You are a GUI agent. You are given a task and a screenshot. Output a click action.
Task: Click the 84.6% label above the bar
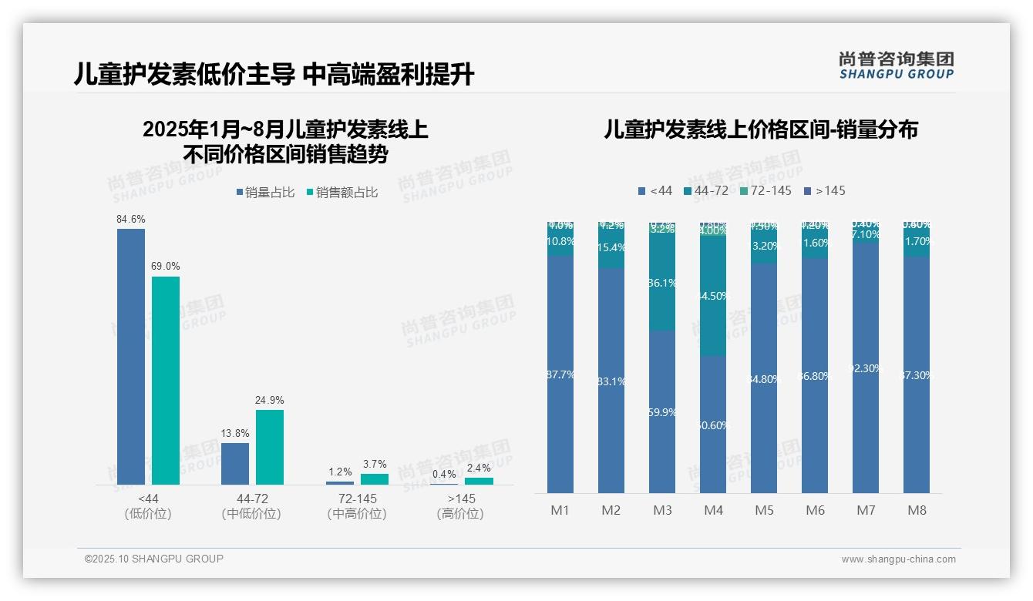(131, 220)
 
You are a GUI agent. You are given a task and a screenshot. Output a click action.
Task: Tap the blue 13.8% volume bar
(235, 463)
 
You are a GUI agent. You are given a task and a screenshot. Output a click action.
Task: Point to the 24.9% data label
(270, 401)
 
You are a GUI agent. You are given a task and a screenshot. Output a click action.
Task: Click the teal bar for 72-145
(375, 478)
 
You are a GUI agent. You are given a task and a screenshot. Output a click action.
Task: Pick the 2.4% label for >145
(479, 468)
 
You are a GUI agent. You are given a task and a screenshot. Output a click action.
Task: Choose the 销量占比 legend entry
(265, 193)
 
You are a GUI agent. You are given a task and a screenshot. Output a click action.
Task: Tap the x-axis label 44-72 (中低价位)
(251, 506)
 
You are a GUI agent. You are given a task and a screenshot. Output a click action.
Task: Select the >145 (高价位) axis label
(460, 506)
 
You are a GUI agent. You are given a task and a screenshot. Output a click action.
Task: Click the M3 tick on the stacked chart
(663, 510)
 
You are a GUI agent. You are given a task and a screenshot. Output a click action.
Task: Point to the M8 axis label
(917, 510)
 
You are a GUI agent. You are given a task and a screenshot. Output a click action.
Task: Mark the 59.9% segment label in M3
(662, 412)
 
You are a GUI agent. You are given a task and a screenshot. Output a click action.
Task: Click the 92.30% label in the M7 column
(866, 368)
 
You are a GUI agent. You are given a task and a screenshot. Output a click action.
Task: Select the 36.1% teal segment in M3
(662, 284)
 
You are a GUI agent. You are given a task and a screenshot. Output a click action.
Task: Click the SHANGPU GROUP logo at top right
(897, 65)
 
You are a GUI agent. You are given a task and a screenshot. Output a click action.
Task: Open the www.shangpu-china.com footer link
(898, 559)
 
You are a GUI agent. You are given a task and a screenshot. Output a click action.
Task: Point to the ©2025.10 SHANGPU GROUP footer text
(154, 559)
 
